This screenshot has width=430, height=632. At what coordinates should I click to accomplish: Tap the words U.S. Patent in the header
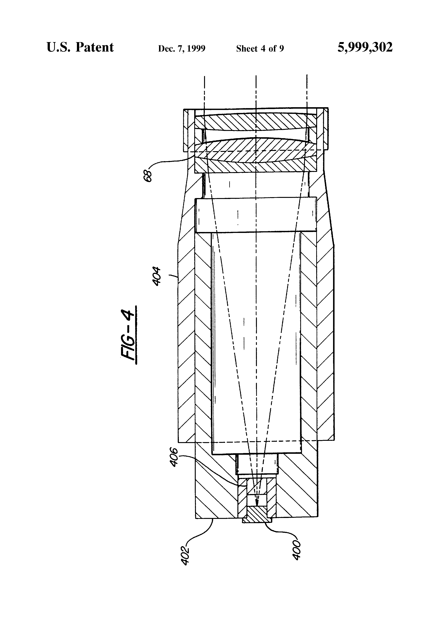click(x=80, y=47)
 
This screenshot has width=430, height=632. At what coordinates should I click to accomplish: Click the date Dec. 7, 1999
click(x=182, y=49)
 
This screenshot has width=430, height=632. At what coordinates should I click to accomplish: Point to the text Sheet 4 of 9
click(x=260, y=49)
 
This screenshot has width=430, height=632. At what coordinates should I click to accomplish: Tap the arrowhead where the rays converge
click(x=256, y=503)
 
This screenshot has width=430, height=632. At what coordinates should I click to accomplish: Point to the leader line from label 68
click(x=174, y=161)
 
